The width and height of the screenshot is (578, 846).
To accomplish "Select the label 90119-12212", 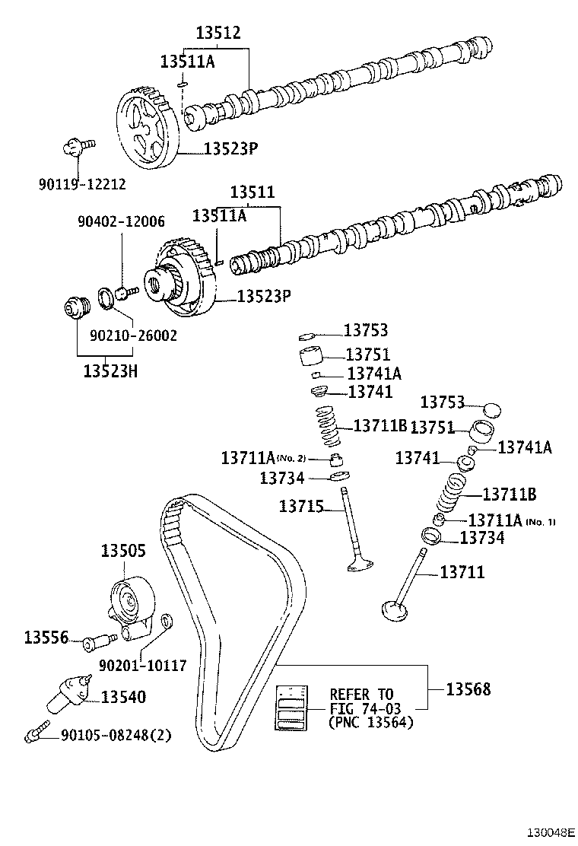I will click(x=82, y=183).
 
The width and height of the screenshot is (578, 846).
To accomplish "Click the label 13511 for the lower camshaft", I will click(x=252, y=192).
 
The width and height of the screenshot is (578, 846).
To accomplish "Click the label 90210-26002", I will click(x=133, y=335).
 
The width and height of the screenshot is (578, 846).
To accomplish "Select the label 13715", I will click(x=301, y=506).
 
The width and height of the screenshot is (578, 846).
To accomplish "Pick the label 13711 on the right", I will click(x=462, y=571).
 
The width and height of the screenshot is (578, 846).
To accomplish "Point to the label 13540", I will click(x=123, y=696).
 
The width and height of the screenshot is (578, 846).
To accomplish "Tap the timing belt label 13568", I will click(x=468, y=689).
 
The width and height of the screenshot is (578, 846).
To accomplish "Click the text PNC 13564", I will click(x=371, y=722).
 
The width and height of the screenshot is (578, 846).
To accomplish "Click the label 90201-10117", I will click(x=142, y=665).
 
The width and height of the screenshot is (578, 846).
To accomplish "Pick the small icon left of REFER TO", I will click(x=293, y=708).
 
